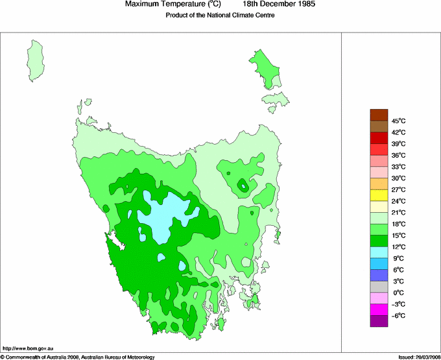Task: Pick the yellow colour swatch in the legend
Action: pos(379,195)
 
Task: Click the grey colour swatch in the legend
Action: pos(379,287)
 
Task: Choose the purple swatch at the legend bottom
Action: pos(379,321)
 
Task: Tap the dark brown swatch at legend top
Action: pos(379,115)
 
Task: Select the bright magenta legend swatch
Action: pos(379,309)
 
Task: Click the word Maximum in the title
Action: pos(143,5)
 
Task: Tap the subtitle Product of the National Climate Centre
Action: pos(220,16)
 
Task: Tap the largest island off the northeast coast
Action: pos(263,65)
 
